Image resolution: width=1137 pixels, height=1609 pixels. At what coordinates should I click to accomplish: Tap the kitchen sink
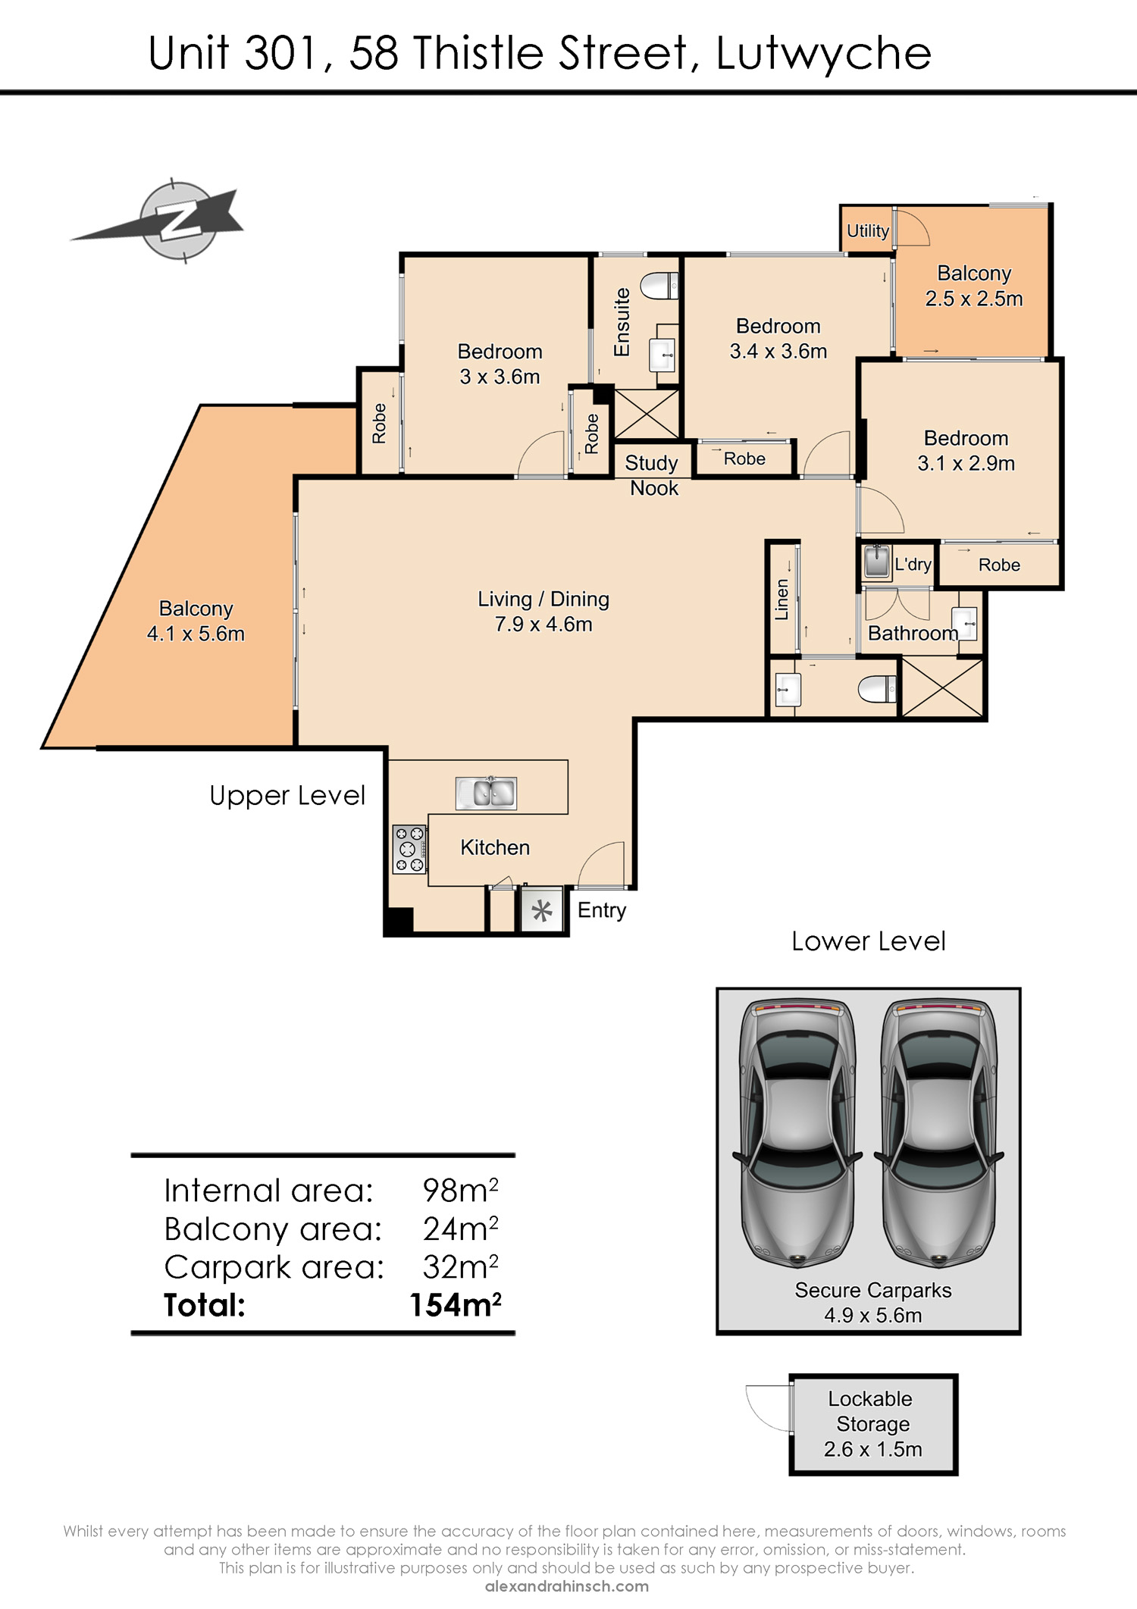[x=486, y=793]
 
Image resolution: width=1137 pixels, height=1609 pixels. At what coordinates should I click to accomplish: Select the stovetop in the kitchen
[x=409, y=850]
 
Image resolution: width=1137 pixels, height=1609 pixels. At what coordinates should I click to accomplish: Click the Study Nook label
[x=653, y=475]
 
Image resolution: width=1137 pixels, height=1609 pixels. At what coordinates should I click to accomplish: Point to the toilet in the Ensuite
[x=659, y=286]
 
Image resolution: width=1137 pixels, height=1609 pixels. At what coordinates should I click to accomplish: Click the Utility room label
[x=868, y=231]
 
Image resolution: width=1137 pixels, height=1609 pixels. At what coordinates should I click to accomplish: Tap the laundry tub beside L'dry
[x=877, y=562]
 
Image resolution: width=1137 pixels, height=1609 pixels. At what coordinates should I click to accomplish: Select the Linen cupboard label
[x=781, y=599]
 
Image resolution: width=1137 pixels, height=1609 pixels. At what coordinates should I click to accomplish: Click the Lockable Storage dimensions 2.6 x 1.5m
[x=873, y=1449]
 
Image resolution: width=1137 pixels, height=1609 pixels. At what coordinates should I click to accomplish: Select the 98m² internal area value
[x=461, y=1191]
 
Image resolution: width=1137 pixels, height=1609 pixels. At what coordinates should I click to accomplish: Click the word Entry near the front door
[x=602, y=910]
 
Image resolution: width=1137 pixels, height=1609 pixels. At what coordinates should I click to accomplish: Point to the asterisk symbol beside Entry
[x=541, y=910]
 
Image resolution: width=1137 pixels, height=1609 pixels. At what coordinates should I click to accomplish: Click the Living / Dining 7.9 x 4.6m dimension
[x=543, y=625]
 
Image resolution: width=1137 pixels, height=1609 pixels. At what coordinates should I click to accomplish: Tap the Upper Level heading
[x=287, y=796]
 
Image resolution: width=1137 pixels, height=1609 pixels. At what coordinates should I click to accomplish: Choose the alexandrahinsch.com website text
[x=567, y=1586]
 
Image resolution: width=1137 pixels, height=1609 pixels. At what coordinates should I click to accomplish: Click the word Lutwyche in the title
[x=823, y=54]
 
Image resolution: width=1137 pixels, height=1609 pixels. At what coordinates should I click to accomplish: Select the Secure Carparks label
[x=873, y=1290]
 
